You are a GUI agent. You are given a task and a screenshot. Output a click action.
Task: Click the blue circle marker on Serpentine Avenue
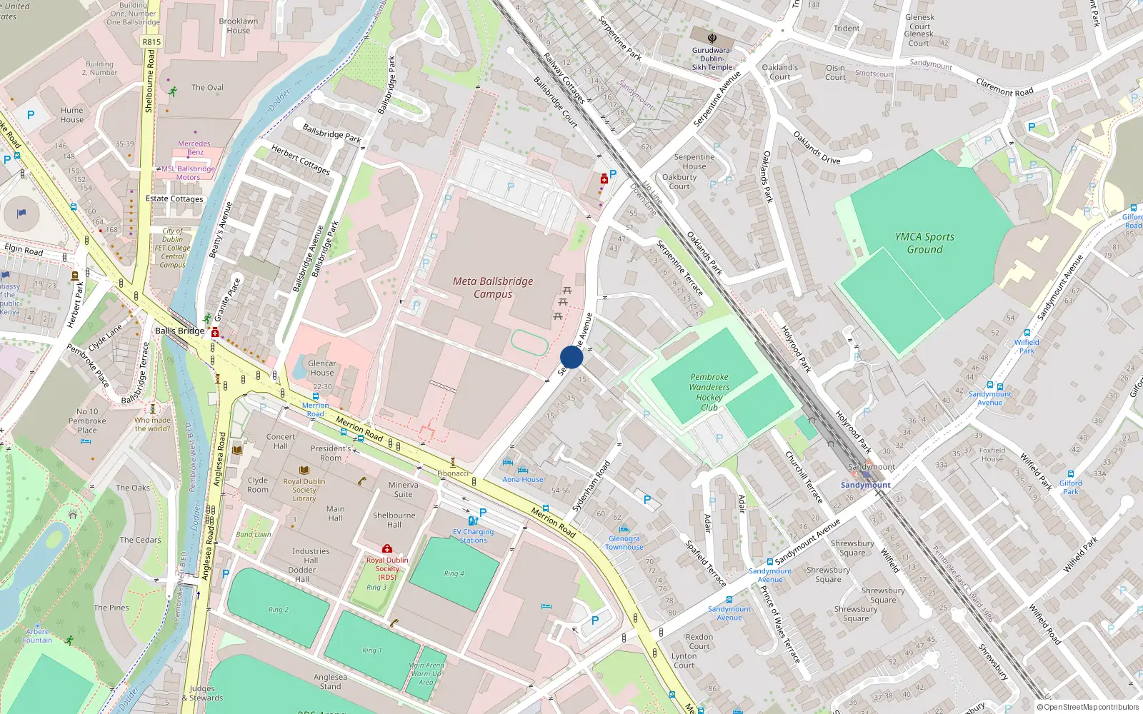click(571, 357)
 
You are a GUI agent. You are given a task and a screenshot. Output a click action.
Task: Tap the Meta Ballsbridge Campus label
click(493, 287)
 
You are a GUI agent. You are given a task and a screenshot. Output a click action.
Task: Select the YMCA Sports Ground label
click(924, 243)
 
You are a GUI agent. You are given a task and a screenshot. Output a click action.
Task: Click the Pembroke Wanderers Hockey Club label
click(709, 392)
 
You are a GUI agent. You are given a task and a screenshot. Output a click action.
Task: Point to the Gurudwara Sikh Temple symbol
click(712, 38)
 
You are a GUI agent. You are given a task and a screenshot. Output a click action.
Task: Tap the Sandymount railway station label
click(865, 485)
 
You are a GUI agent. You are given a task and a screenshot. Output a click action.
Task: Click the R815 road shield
click(151, 41)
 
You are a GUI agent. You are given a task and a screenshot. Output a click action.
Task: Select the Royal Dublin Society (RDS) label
click(387, 568)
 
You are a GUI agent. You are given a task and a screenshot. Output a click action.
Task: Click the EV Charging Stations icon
click(472, 521)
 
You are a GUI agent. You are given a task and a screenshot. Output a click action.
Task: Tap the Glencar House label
click(321, 368)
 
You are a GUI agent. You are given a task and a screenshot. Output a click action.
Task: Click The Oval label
click(207, 87)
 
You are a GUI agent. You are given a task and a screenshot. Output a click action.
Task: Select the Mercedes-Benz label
click(195, 148)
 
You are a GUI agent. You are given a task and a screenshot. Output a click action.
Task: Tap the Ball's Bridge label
click(179, 331)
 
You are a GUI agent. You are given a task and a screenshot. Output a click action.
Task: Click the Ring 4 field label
click(454, 573)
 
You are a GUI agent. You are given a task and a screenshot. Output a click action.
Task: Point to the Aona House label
click(522, 479)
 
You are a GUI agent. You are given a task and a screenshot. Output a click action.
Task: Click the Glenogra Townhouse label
click(624, 543)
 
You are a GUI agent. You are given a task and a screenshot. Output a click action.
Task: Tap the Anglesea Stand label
click(330, 682)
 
